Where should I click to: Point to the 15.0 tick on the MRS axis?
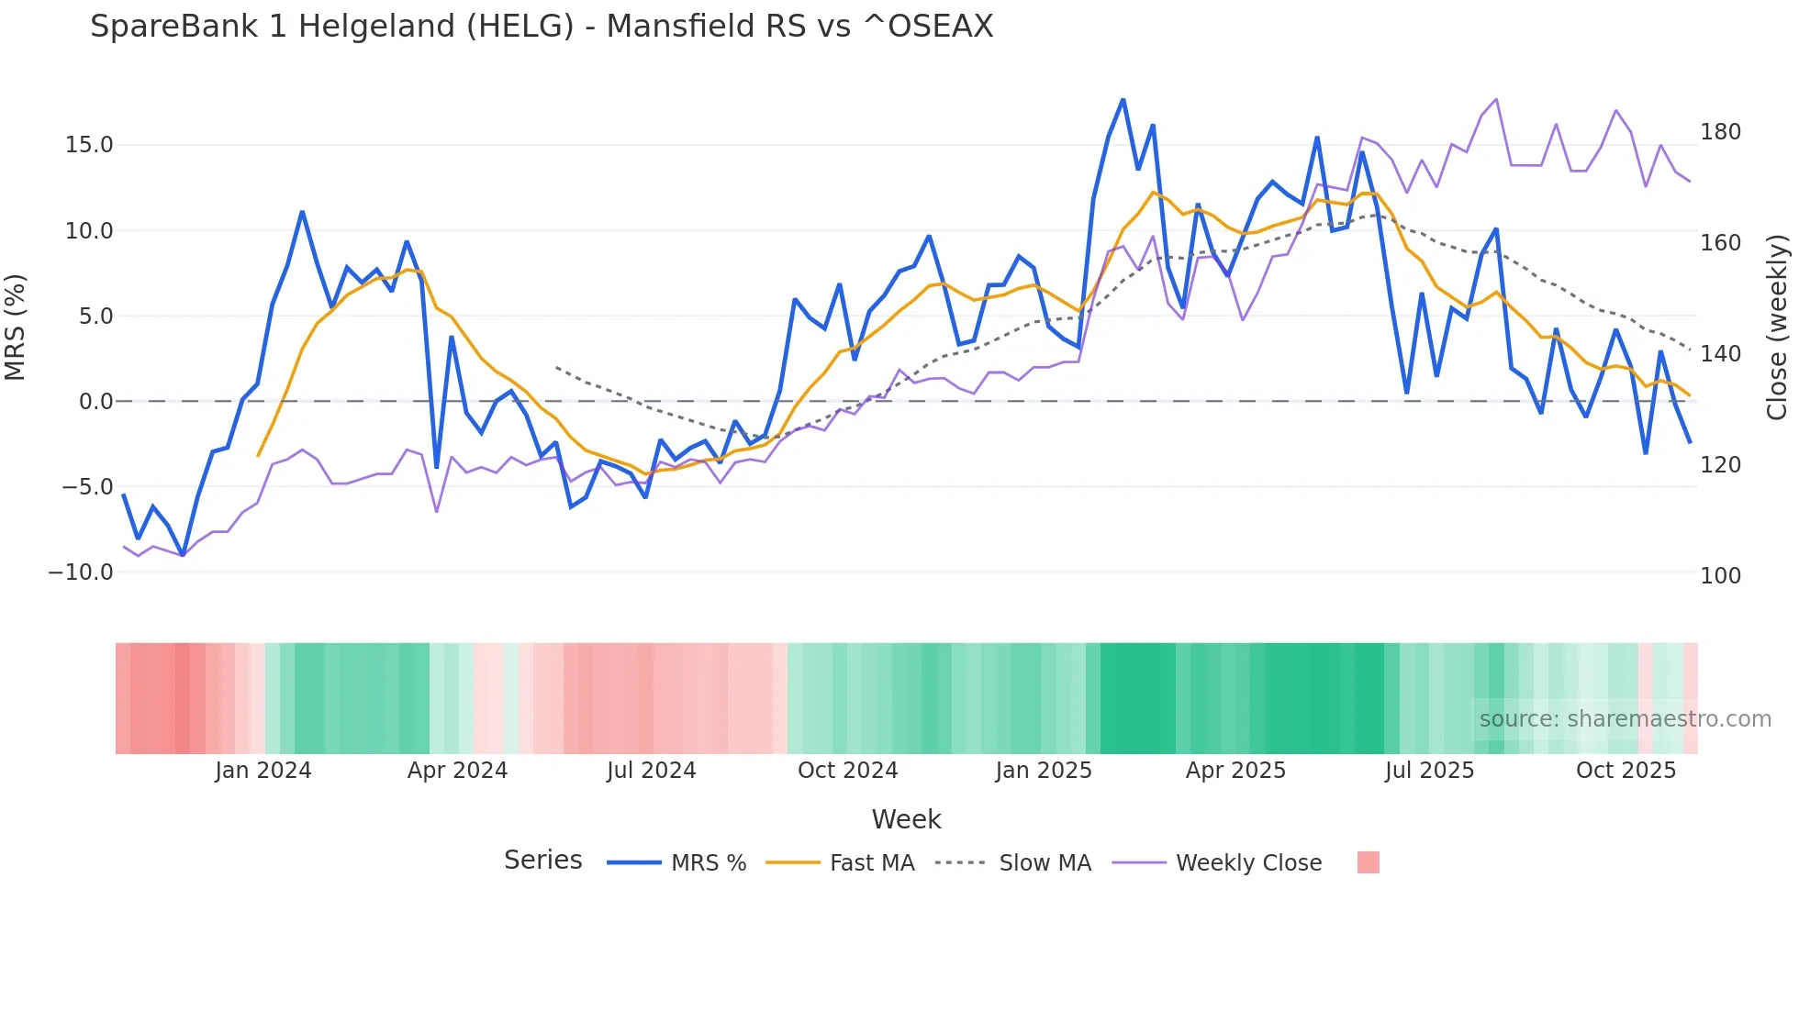(x=88, y=145)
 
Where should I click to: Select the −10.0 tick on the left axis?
(x=81, y=572)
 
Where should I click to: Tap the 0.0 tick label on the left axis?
(x=95, y=402)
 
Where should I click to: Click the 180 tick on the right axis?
(x=1720, y=132)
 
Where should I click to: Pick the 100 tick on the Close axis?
(x=1720, y=576)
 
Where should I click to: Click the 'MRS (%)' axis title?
(x=16, y=327)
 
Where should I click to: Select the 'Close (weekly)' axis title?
(x=1777, y=327)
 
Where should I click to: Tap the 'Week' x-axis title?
(x=906, y=819)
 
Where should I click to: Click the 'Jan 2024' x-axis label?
(x=263, y=771)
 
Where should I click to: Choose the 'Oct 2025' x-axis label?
(x=1626, y=771)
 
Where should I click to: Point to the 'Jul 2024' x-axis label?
(x=651, y=771)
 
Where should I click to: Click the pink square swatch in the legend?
(x=1368, y=863)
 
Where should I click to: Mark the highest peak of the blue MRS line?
(x=1123, y=100)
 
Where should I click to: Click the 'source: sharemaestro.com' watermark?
(x=1625, y=719)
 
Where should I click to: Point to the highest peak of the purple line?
(x=1496, y=99)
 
